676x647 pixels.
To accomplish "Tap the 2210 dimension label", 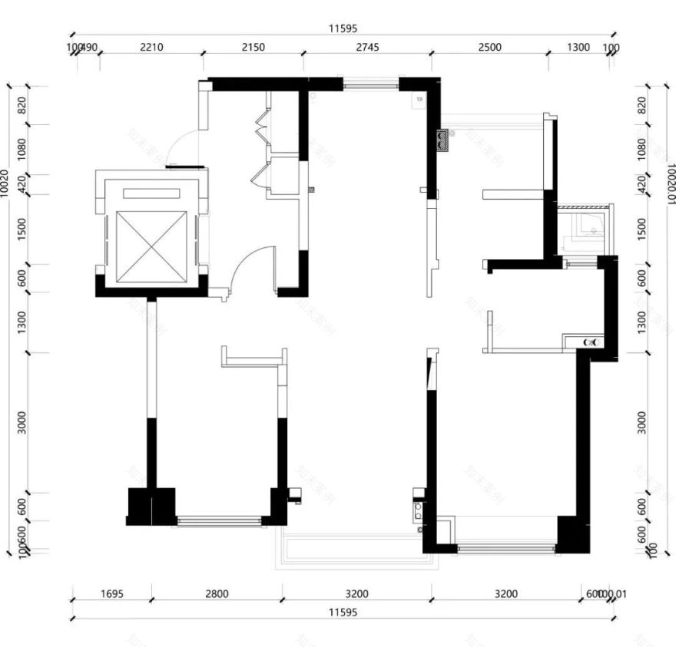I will point(151,47).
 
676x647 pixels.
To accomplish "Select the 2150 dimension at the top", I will point(253,47).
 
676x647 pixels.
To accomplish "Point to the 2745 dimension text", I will point(367,47).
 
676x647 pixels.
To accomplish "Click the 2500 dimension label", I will point(489,47).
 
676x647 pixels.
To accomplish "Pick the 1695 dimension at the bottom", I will point(112,593).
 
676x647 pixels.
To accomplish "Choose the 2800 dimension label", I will point(217,593).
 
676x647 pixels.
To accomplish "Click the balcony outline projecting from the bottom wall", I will point(358,550).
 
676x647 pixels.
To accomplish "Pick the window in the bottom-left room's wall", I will point(219,522).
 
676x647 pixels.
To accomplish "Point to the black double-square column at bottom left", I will point(151,507).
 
